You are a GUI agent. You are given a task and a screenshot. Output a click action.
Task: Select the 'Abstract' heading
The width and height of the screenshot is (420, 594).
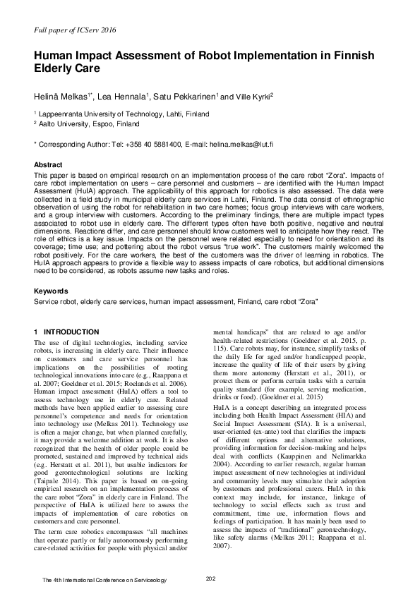[48, 164]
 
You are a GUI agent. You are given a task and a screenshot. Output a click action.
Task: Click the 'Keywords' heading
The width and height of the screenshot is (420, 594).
[51, 291]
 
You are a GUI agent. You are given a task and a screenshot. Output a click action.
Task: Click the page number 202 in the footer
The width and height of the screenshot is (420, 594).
[210, 579]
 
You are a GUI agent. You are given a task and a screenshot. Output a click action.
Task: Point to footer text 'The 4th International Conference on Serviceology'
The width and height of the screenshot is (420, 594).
[104, 580]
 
